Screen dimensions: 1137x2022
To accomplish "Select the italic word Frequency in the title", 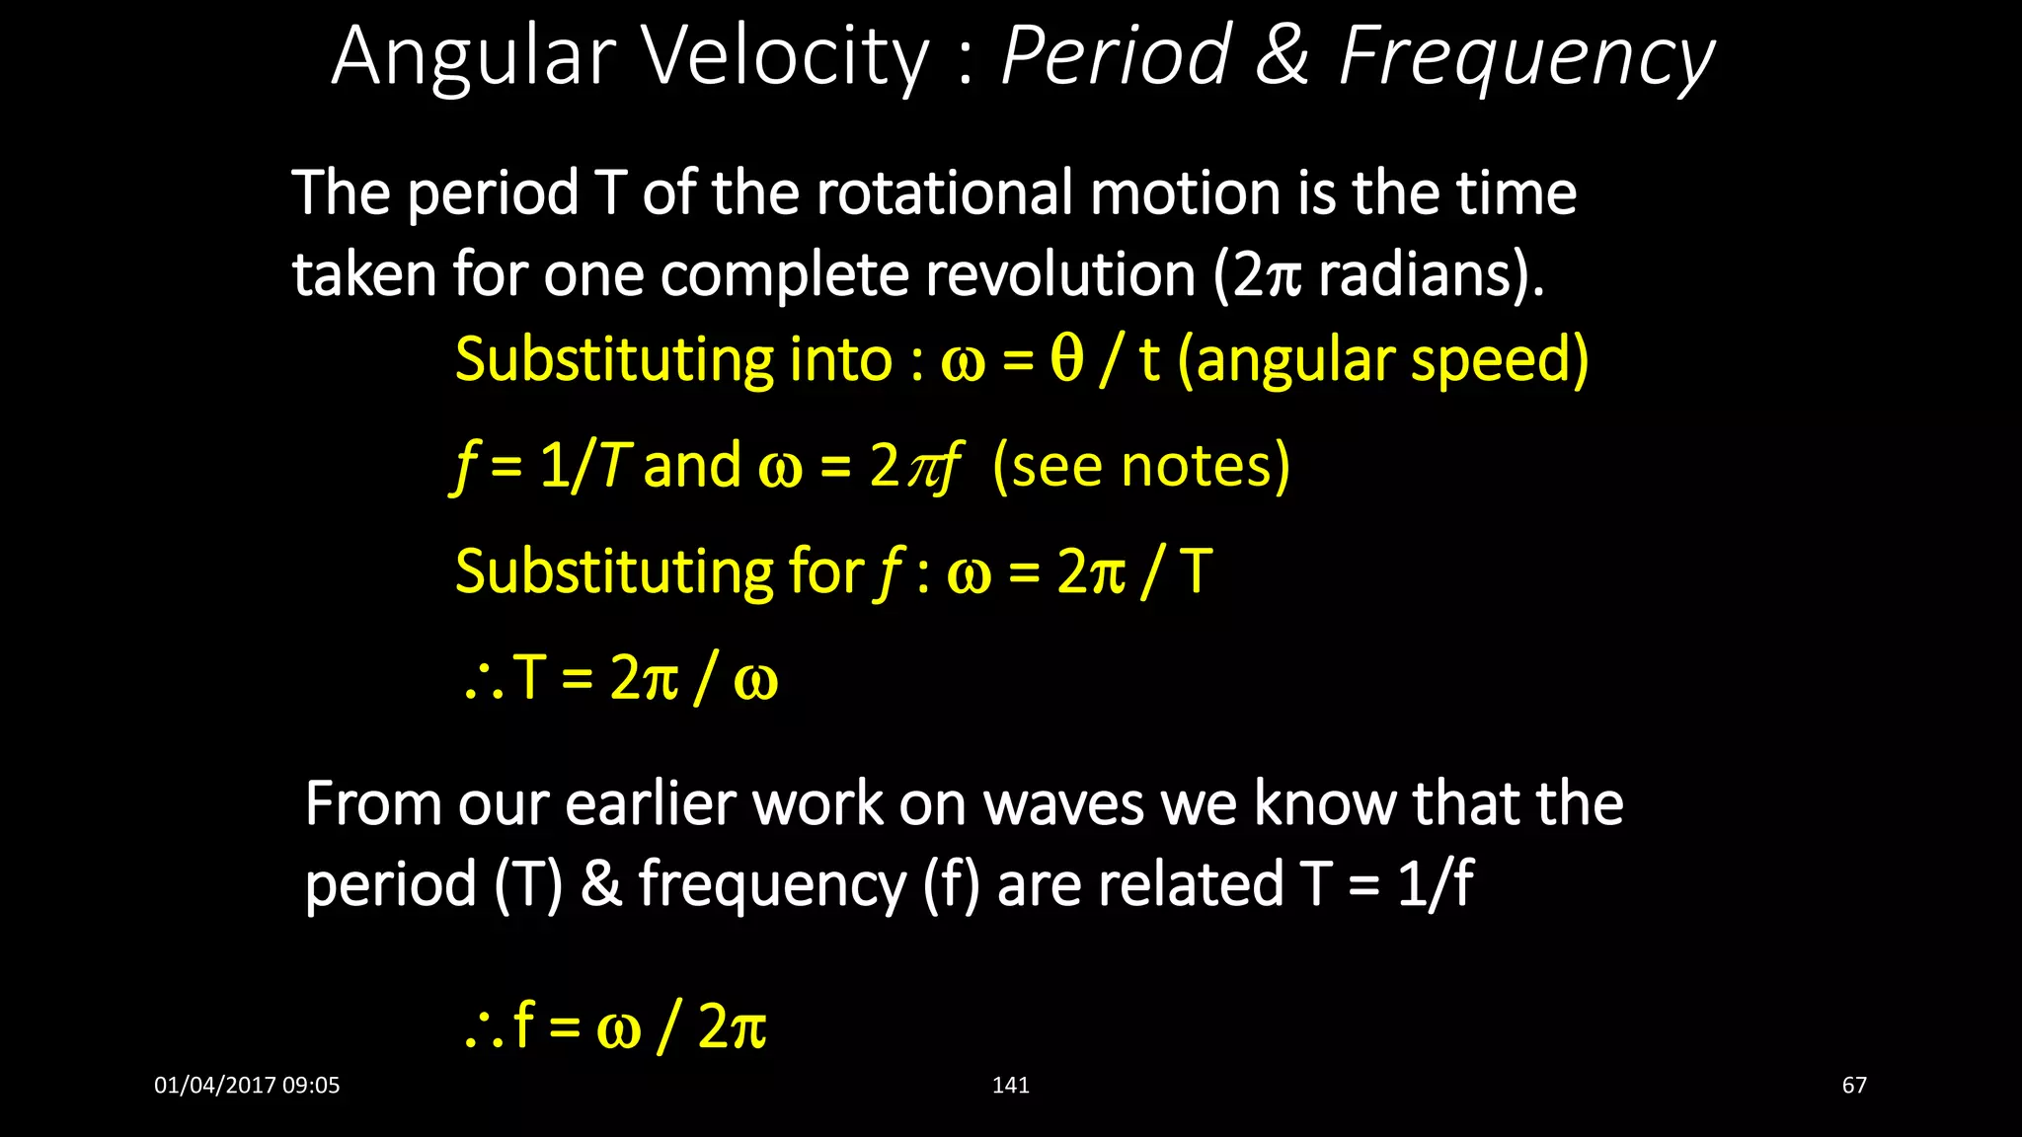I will (1526, 57).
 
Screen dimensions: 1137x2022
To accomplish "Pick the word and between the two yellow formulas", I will (692, 466).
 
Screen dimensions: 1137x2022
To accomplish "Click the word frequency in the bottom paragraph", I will (771, 884).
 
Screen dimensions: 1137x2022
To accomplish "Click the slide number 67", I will (1854, 1086).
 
